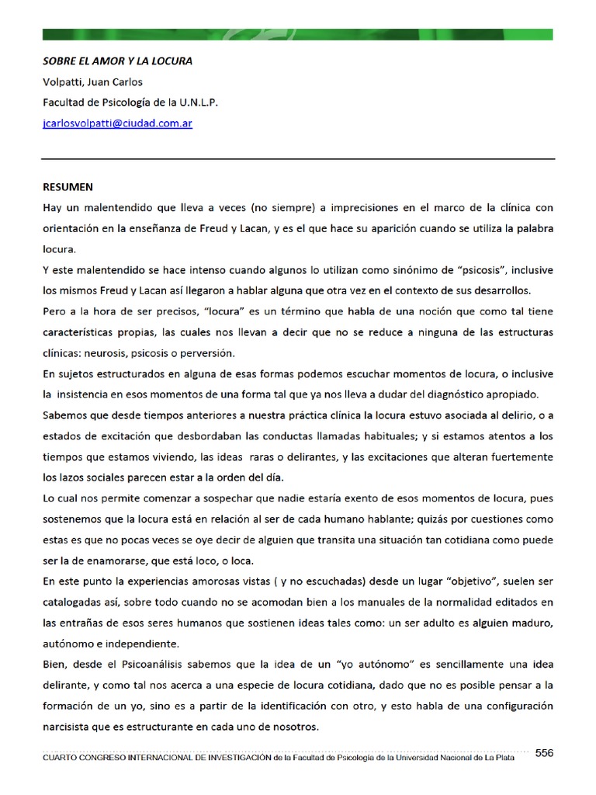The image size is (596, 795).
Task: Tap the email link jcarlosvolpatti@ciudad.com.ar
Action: [x=117, y=123]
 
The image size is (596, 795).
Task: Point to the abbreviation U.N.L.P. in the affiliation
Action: [x=197, y=102]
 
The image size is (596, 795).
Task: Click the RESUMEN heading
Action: [x=68, y=187]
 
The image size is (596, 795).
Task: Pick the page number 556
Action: [x=544, y=752]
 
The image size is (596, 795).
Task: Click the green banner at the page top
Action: [x=297, y=34]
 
